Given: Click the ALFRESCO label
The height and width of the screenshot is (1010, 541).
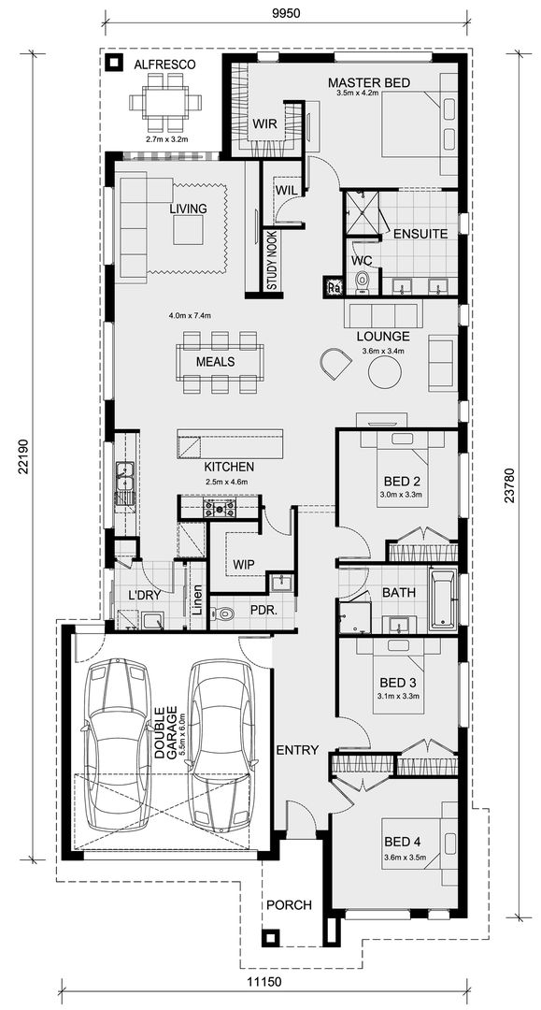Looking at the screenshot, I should pos(164,64).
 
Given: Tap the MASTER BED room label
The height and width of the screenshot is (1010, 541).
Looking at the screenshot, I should pos(369,83).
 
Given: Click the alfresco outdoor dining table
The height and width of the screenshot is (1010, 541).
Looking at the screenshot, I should pos(165,107).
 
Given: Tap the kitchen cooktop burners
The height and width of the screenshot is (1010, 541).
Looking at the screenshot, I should pos(220,509).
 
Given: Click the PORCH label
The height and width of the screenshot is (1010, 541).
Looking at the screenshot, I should pos(289,904).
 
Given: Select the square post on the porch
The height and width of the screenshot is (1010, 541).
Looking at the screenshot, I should pos(270,938).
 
